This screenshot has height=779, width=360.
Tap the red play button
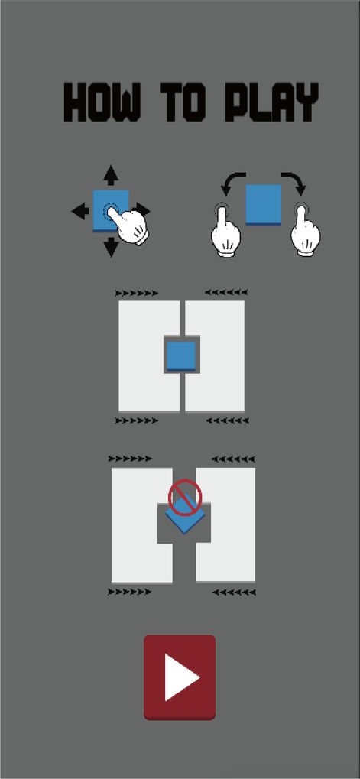click(180, 677)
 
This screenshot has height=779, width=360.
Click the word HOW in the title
click(102, 103)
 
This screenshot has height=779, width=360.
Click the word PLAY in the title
click(271, 103)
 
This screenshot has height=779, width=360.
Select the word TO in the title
click(183, 103)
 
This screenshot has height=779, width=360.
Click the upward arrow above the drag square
click(111, 175)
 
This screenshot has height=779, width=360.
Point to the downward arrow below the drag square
click(111, 246)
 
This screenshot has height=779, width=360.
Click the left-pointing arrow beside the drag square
click(80, 212)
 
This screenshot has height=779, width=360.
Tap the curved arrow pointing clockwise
click(294, 183)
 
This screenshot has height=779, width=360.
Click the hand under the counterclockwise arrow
click(225, 232)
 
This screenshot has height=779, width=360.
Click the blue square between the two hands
click(263, 205)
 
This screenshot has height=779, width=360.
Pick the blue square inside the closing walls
click(181, 355)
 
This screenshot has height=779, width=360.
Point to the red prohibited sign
click(185, 497)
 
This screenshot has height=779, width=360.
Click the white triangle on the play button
click(181, 677)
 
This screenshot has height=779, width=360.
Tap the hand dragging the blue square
click(128, 225)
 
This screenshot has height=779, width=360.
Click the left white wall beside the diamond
click(141, 525)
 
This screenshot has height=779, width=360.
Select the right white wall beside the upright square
click(216, 355)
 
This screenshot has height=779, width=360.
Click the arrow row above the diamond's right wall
click(233, 458)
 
